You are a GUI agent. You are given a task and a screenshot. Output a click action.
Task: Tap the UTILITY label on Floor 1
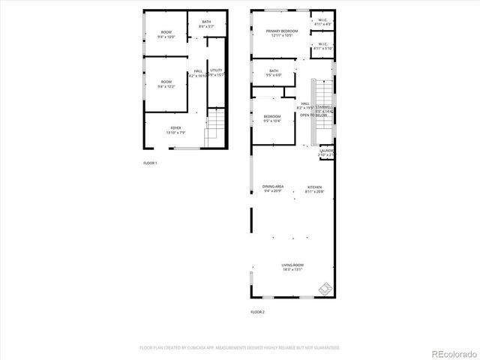click(x=216, y=70)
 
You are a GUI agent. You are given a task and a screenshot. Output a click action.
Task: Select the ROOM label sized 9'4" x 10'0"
click(x=166, y=31)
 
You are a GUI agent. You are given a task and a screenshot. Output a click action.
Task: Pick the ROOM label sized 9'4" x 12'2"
click(x=165, y=82)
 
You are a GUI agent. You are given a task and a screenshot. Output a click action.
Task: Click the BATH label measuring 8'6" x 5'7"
click(x=207, y=22)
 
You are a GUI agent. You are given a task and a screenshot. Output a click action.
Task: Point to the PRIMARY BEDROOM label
click(x=282, y=31)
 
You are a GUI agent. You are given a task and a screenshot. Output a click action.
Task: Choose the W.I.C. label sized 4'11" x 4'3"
click(x=322, y=20)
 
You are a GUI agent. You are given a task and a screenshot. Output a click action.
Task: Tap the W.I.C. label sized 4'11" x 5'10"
click(x=322, y=44)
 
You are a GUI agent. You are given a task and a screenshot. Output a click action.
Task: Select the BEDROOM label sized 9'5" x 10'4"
click(x=271, y=116)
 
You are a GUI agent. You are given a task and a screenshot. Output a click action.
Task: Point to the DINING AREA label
click(x=272, y=186)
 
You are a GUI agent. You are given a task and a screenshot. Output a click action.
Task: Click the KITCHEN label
click(x=315, y=187)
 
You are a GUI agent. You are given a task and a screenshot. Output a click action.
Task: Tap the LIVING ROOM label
click(x=292, y=265)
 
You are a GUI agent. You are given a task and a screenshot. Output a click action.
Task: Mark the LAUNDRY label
click(x=326, y=151)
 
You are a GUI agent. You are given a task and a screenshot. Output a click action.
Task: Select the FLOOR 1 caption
click(x=150, y=163)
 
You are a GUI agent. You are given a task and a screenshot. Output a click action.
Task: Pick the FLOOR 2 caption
click(x=257, y=311)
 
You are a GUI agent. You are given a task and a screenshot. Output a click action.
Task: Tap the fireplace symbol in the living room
click(x=325, y=287)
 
